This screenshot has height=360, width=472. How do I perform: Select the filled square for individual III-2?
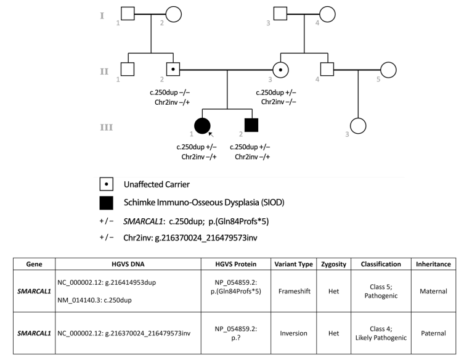(250, 125)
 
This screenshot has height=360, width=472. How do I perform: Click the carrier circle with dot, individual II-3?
(281, 70)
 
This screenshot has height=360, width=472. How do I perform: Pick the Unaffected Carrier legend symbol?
(106, 184)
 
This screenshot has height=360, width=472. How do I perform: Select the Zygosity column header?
(334, 264)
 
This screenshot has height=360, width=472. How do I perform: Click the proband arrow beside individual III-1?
(211, 134)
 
